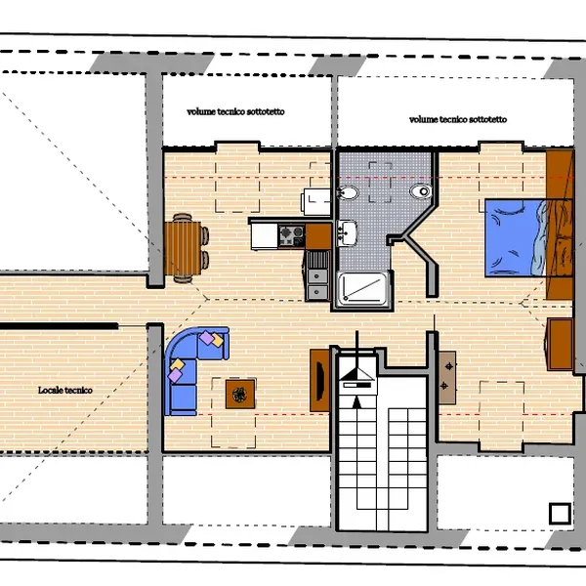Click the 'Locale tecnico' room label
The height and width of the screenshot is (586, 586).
(65, 390)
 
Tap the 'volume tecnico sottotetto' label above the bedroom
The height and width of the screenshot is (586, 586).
(458, 119)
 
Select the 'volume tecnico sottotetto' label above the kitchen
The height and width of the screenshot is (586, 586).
(235, 111)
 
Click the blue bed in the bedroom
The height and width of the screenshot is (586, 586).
(516, 238)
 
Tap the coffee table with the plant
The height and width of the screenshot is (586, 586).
(240, 394)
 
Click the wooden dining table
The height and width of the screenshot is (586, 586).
(183, 248)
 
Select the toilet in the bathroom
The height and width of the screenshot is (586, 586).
(421, 191)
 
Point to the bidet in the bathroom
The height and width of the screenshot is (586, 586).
(347, 192)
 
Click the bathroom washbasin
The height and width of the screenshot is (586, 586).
(347, 232)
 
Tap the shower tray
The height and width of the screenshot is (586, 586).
(363, 287)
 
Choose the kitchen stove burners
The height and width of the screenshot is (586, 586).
(292, 235)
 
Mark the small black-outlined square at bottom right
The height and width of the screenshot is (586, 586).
(560, 514)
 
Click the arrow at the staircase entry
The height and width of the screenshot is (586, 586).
(357, 402)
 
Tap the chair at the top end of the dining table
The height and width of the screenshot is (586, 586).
(183, 217)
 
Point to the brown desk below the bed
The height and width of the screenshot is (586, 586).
(559, 344)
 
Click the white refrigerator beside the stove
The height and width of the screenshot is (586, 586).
(265, 235)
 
